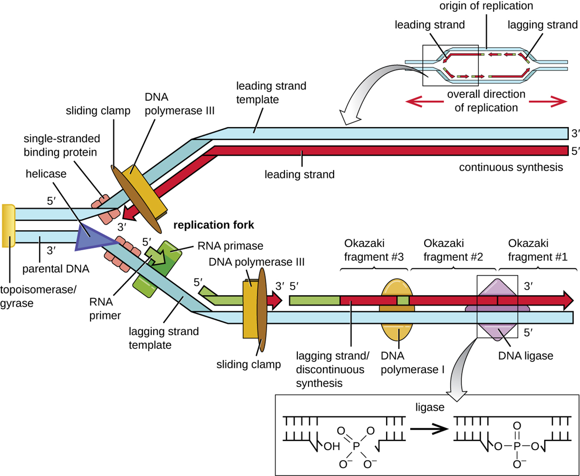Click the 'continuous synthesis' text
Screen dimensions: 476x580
click(511, 167)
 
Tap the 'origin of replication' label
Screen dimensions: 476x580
click(486, 6)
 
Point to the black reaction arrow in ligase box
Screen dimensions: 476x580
click(430, 430)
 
